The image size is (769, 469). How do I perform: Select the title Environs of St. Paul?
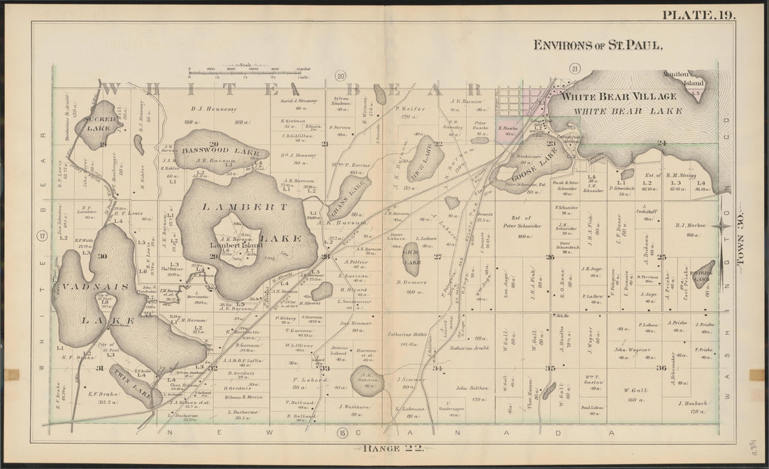click(x=598, y=45)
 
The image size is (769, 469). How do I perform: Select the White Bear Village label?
click(x=619, y=96)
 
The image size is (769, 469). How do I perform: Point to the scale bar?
click(x=248, y=71)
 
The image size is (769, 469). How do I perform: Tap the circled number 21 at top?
click(x=575, y=68)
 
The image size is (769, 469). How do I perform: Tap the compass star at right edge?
click(x=724, y=224)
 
